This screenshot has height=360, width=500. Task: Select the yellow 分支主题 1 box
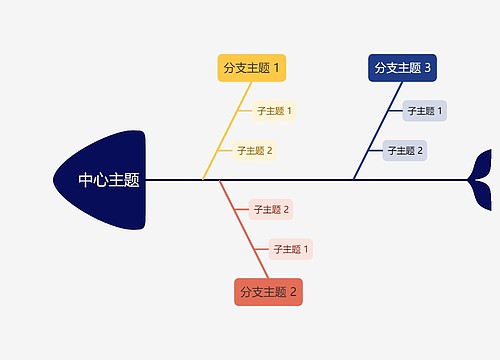point(252,68)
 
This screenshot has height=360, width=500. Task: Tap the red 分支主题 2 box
point(268,292)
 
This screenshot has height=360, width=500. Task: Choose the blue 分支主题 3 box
point(402,68)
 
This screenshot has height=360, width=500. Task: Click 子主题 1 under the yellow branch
point(273,111)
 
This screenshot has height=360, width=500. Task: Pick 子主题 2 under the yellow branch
point(254,151)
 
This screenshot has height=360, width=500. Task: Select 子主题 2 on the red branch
point(270,209)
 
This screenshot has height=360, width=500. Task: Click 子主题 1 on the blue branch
point(425,111)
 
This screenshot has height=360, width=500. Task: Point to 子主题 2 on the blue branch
point(405,151)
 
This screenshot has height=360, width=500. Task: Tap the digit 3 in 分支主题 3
point(428,68)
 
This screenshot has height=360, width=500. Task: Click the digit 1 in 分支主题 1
point(277,68)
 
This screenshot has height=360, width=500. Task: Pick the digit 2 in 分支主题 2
point(294,292)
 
